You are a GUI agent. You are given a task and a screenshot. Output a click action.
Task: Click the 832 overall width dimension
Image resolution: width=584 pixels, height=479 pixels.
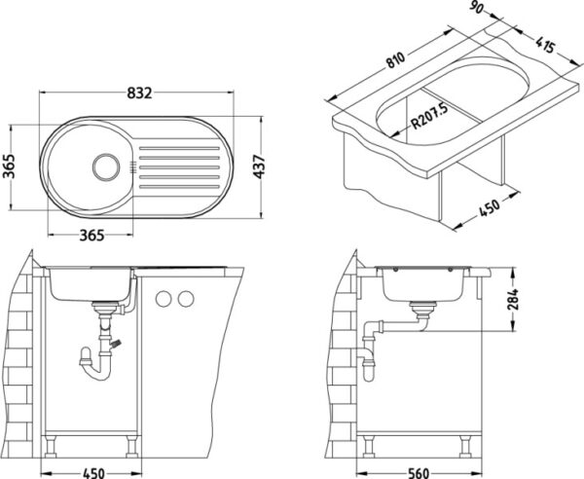point(139,93)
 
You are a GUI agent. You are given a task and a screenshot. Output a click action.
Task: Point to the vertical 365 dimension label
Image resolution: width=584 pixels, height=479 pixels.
point(10,166)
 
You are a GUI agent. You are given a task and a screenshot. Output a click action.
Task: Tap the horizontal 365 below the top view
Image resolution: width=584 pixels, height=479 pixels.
point(91,236)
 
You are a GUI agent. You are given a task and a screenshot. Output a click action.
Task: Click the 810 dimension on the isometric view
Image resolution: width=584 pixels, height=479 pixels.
point(395,60)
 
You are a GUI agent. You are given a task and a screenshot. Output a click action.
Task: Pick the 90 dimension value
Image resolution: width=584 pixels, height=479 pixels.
point(478,8)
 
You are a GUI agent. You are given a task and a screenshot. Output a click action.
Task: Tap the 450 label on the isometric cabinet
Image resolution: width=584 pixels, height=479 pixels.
point(489,209)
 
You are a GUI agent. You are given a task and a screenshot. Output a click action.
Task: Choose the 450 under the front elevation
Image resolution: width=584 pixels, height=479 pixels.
point(93,473)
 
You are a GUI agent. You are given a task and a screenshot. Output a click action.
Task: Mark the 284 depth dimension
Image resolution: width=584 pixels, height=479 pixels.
point(513,300)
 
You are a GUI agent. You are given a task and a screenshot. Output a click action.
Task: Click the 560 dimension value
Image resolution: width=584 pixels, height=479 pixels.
point(418,473)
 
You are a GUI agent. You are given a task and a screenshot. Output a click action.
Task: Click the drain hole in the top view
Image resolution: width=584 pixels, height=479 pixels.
point(106,166)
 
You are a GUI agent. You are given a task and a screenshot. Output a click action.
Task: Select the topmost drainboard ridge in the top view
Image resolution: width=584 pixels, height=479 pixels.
point(179,149)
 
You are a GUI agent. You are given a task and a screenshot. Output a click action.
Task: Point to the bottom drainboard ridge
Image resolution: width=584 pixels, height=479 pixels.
point(179,187)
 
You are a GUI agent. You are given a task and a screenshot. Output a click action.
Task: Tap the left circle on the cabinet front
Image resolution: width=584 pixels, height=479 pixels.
point(164,299)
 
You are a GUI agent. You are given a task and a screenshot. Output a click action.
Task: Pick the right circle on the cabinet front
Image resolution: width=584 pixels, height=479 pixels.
point(186,299)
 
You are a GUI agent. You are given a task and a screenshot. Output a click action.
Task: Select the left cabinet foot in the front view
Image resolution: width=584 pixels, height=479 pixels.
point(51,447)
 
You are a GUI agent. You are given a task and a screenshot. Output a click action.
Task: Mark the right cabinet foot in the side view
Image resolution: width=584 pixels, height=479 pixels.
point(465,447)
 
